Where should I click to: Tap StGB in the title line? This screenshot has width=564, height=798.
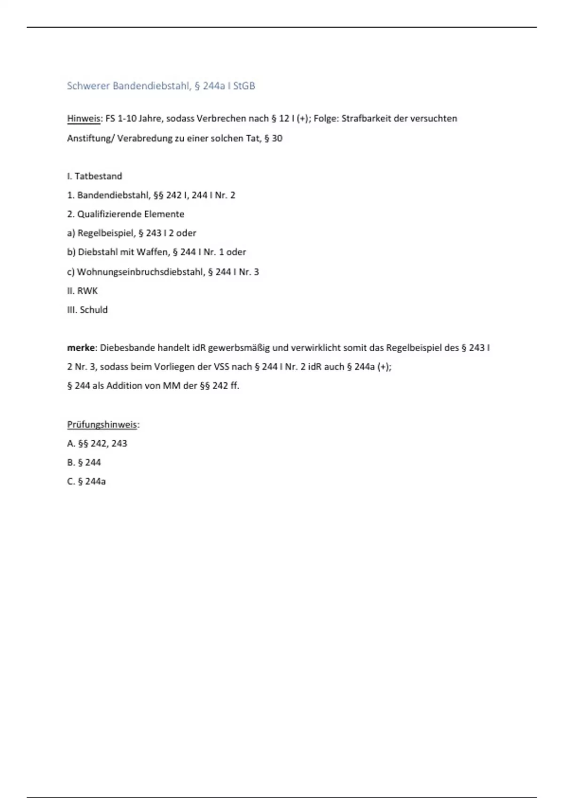click(244, 86)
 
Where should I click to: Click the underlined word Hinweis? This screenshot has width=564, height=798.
click(84, 119)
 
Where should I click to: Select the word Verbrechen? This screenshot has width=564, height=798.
click(221, 119)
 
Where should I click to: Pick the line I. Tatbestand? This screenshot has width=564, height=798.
click(94, 176)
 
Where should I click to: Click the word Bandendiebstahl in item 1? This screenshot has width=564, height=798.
click(113, 195)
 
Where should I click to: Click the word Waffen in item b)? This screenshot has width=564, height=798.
click(152, 252)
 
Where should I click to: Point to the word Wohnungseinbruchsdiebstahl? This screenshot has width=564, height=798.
click(140, 272)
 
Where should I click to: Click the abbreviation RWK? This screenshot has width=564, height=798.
click(87, 291)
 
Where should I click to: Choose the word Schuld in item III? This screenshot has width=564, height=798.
click(94, 310)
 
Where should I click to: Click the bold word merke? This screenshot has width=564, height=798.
click(81, 348)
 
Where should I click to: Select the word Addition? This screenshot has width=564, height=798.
click(124, 386)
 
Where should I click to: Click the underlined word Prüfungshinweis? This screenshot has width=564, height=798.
click(102, 425)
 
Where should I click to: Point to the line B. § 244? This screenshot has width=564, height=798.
click(84, 463)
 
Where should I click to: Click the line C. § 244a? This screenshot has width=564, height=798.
click(86, 482)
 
